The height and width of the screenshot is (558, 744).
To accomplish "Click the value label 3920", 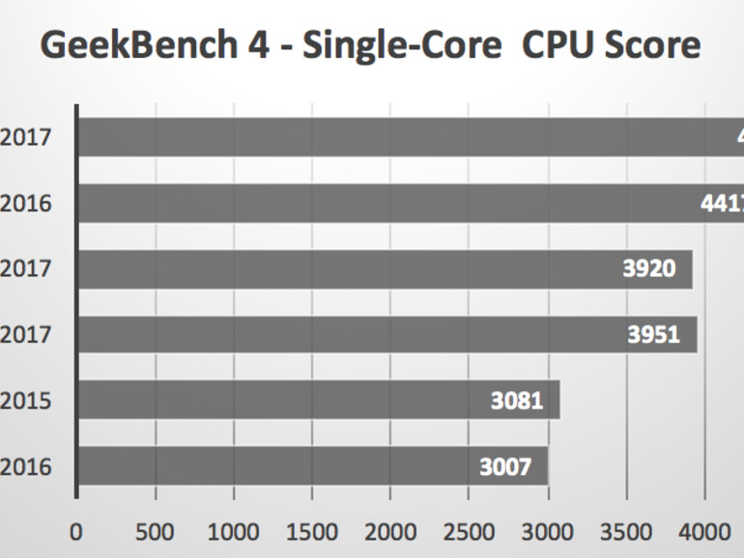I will coord(649,269).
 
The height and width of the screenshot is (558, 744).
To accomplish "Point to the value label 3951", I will coord(654,335).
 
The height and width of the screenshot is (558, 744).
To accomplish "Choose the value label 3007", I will coord(505,467).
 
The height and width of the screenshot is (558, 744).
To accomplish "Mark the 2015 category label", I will coord(26,401).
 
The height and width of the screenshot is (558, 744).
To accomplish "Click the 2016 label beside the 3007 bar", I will coord(26,467).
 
